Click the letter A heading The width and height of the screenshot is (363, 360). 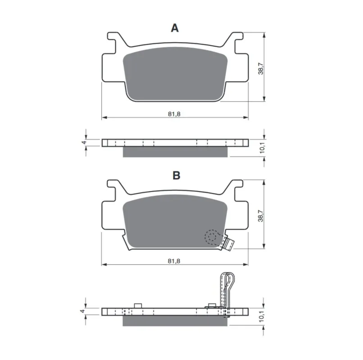175,28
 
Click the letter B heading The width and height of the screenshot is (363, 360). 177,175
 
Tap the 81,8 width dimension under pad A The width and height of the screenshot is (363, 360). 174,114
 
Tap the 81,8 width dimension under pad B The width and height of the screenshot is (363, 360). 174,261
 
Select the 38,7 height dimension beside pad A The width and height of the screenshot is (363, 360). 261,68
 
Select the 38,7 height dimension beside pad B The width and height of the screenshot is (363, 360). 261,216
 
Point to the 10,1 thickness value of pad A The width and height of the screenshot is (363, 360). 262,148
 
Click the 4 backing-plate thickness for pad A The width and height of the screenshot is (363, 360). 84,142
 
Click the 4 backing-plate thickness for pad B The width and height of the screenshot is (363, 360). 83,311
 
